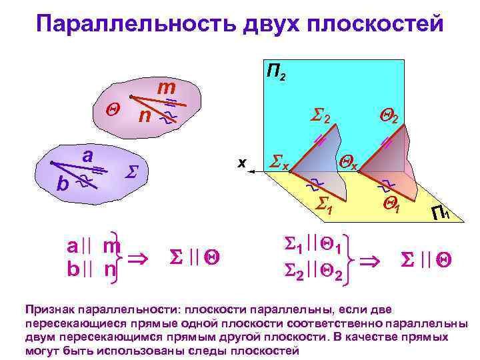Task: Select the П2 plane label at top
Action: click(277, 72)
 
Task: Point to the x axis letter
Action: click(242, 161)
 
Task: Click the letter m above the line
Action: click(166, 88)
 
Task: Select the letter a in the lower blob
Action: click(87, 155)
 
